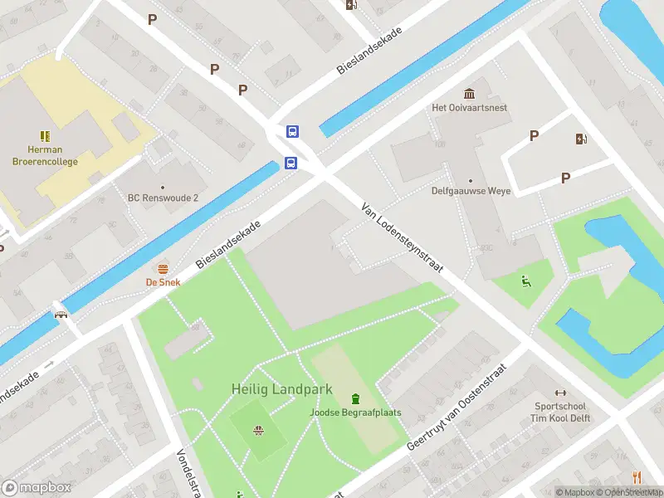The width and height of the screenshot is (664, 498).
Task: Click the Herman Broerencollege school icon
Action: point(46,135)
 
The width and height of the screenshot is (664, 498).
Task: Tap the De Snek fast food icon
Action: point(163,268)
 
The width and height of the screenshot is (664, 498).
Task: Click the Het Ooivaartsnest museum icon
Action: point(470,93)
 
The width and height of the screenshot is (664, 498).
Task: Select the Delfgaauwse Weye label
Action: point(471,191)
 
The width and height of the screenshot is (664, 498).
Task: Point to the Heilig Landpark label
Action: point(281,388)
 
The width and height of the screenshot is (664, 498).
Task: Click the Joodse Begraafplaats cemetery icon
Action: point(356,397)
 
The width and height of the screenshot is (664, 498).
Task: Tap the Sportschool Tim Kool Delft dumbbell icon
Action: point(560,393)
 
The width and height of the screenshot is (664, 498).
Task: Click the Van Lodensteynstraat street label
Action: point(403,240)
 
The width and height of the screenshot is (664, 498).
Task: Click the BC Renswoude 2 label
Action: point(163,198)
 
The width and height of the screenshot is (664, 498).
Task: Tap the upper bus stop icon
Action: point(293,131)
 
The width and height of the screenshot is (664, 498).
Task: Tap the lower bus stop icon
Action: point(291,163)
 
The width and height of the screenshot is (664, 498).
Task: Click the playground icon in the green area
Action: point(525,281)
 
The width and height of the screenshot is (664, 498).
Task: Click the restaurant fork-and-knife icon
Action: point(637,476)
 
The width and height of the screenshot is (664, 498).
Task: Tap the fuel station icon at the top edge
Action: point(351,5)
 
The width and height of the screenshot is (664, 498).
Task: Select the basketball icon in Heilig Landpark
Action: point(258,430)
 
